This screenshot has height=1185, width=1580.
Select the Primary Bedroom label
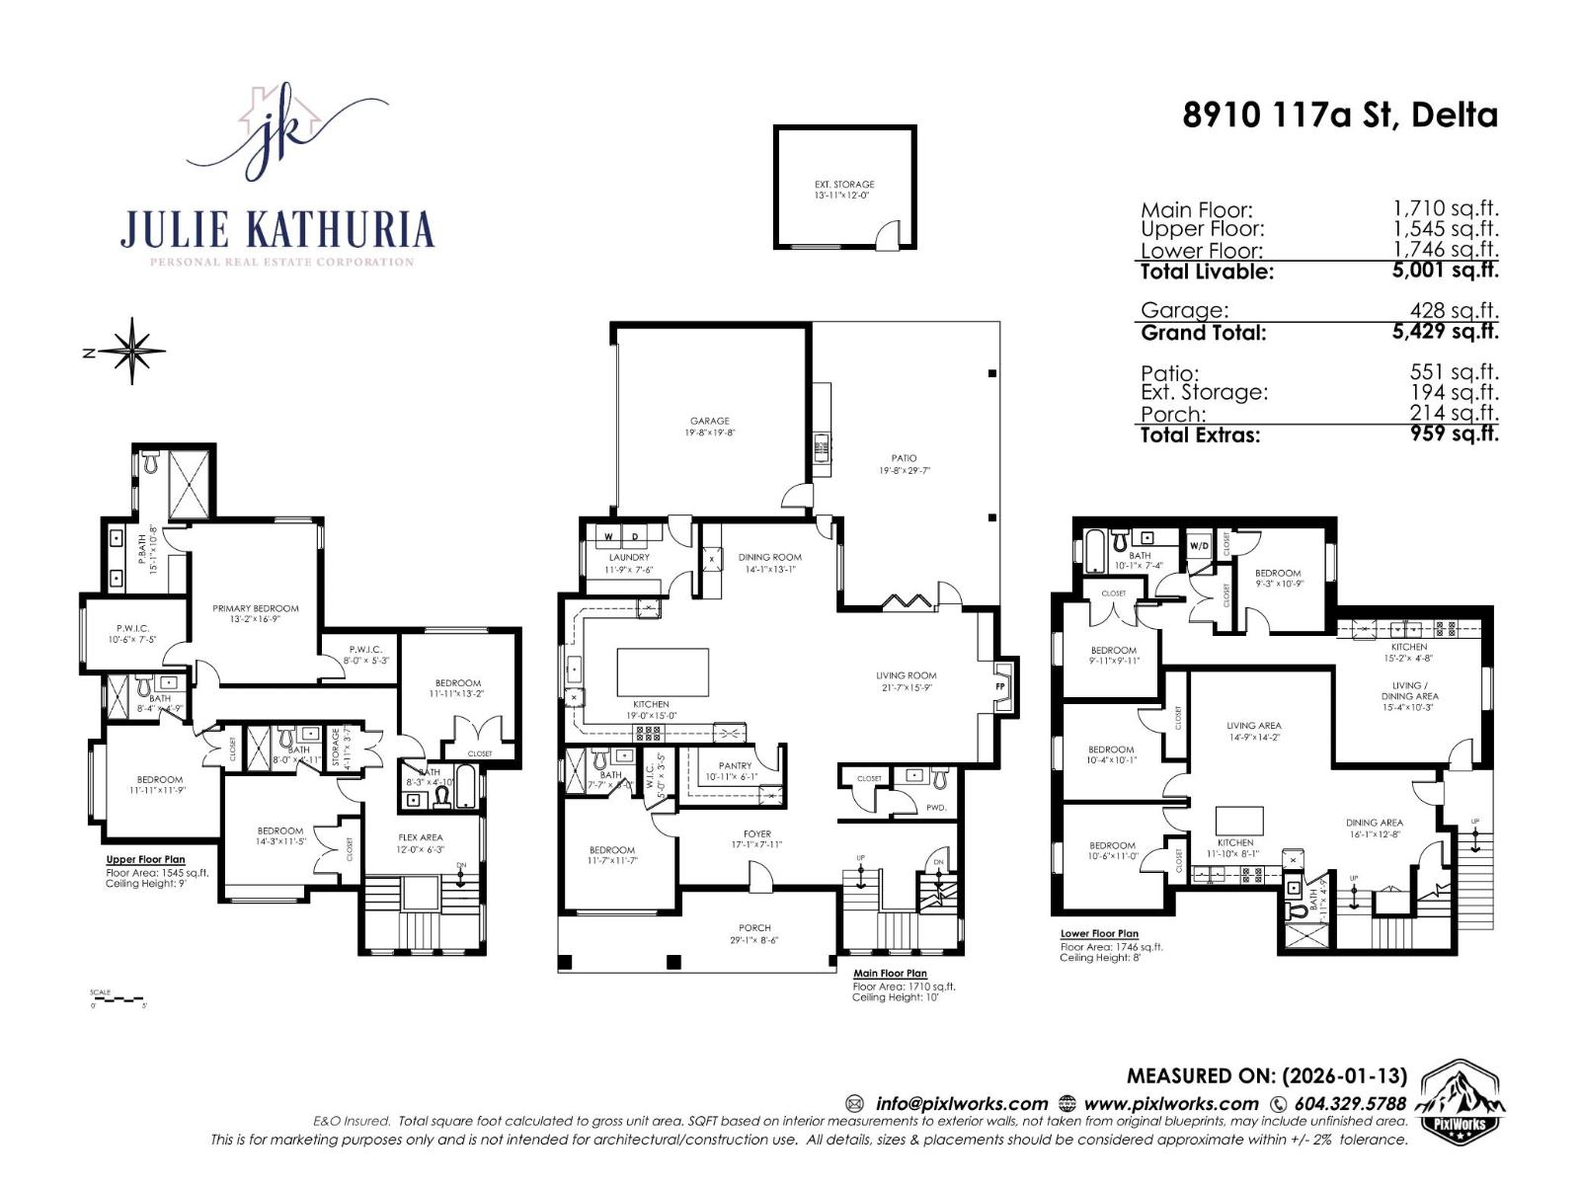tap(255, 608)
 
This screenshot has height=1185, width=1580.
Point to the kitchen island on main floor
tap(663, 672)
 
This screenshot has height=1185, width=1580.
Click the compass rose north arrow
tap(130, 351)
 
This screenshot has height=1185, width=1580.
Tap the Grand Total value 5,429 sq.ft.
tap(1445, 332)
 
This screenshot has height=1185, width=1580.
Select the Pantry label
tap(735, 765)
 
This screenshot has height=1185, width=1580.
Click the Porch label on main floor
tap(754, 928)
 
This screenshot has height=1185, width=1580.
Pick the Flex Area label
tap(420, 837)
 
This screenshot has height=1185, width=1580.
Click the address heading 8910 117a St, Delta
tap(1340, 116)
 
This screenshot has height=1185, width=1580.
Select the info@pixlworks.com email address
tap(961, 1104)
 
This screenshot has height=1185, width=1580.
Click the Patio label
tap(904, 458)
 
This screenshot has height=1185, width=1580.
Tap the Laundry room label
tap(629, 558)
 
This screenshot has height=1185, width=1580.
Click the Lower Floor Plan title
tap(1099, 933)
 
